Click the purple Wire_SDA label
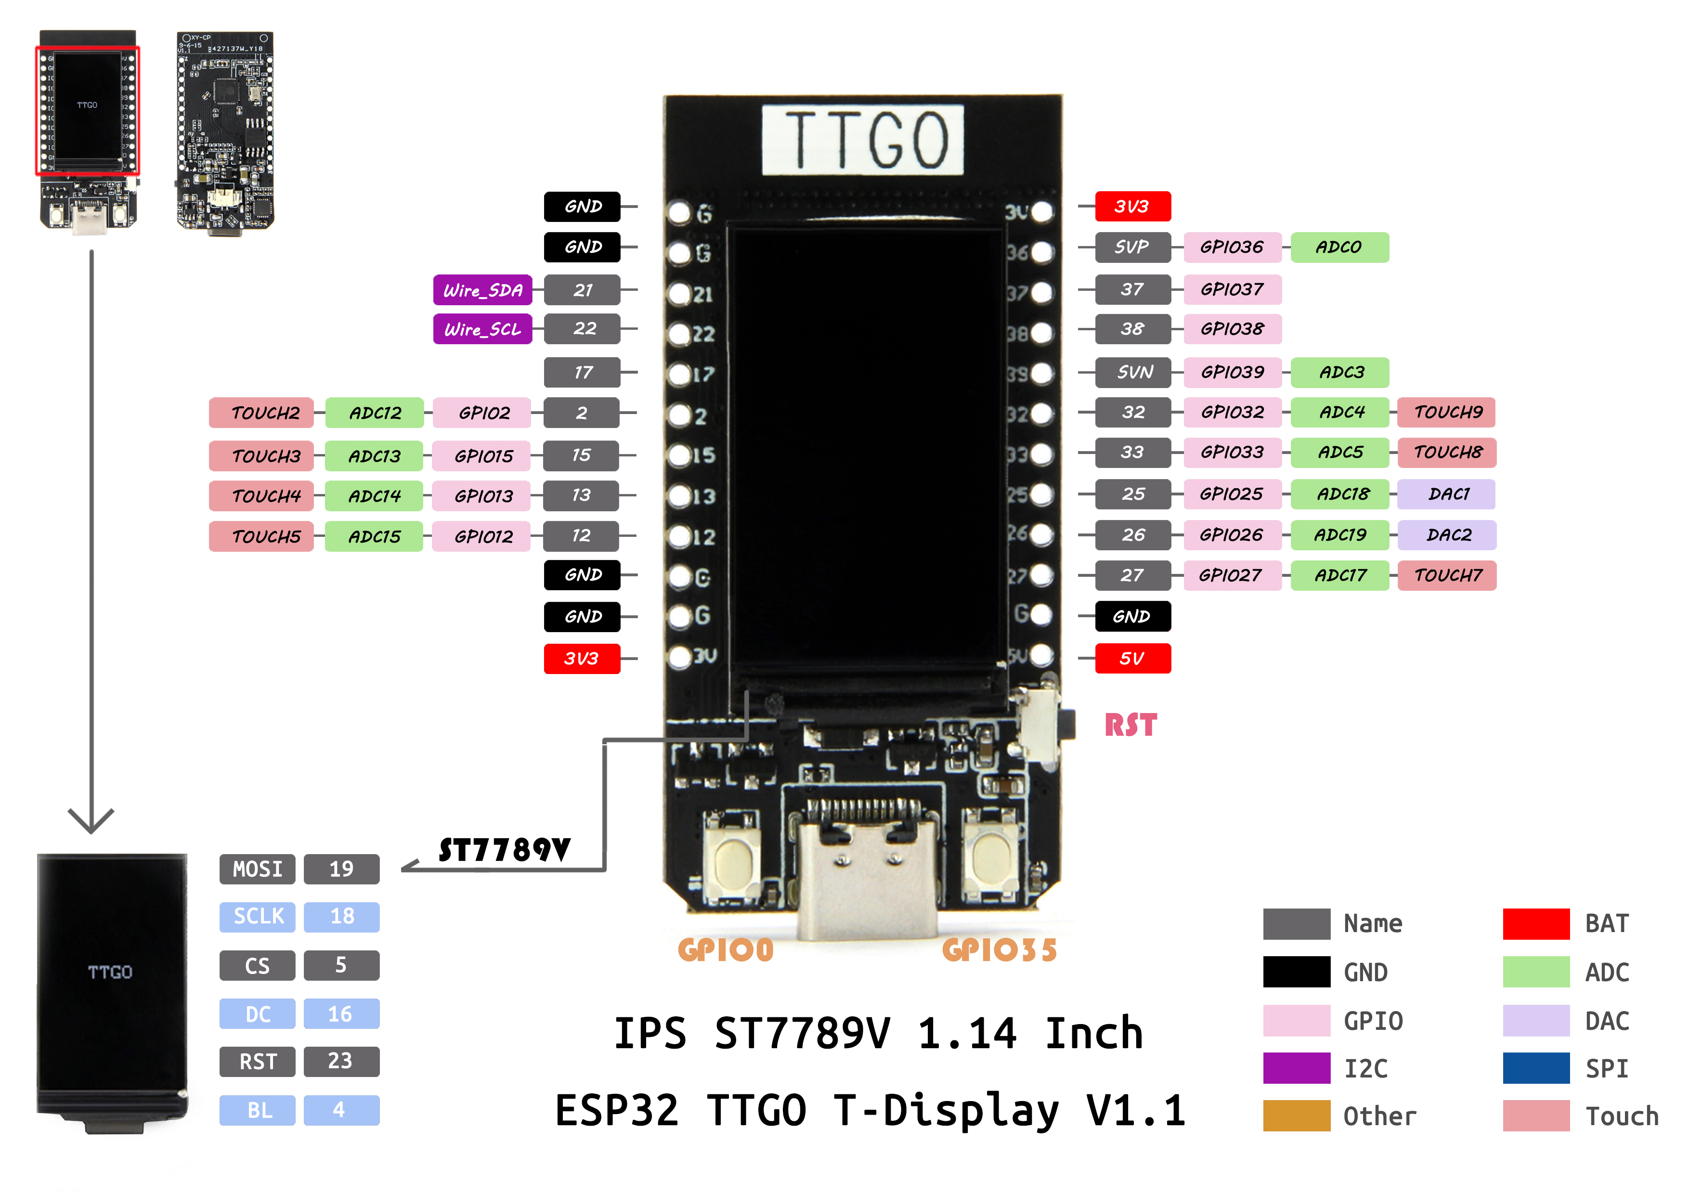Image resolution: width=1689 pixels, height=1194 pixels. pos(482,290)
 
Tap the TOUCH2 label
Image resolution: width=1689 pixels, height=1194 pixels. pos(262,413)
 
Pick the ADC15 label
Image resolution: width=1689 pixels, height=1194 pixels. pos(375,536)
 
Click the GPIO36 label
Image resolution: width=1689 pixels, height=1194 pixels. pos(1232,247)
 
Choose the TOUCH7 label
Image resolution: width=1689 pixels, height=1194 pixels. pos(1447,575)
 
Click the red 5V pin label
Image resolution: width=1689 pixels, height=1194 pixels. pos(1132,659)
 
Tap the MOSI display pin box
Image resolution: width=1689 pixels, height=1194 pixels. pos(258,869)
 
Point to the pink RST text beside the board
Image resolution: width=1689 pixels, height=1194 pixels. pos(1130,726)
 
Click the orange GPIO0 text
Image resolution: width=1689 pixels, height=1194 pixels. pos(725,950)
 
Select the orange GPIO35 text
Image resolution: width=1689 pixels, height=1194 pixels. pos(999,950)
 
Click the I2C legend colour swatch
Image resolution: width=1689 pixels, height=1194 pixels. pos(1296,1068)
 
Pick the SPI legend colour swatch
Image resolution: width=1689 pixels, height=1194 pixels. pos(1536,1068)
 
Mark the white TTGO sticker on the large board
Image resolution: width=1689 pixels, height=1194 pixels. pos(862,140)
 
